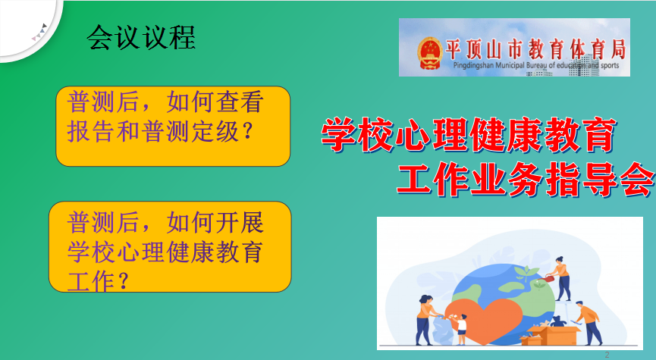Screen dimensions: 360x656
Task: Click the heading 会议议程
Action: pyautogui.click(x=142, y=35)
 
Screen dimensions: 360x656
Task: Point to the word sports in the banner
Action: pyautogui.click(x=608, y=67)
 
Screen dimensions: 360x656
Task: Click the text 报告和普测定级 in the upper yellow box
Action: pyautogui.click(x=151, y=131)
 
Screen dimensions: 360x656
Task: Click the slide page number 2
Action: pyautogui.click(x=607, y=354)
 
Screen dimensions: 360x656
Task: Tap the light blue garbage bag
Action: pyautogui.click(x=444, y=331)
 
